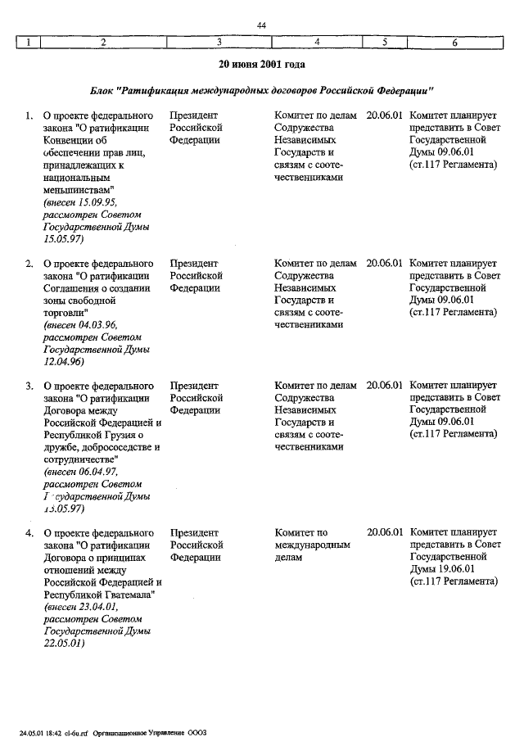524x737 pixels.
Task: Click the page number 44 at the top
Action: point(262,26)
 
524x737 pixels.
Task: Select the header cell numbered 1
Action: point(29,43)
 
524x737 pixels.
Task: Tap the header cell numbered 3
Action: point(219,43)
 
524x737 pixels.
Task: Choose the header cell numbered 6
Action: point(454,43)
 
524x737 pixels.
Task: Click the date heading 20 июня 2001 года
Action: point(262,63)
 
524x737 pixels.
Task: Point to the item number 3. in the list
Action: point(29,386)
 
